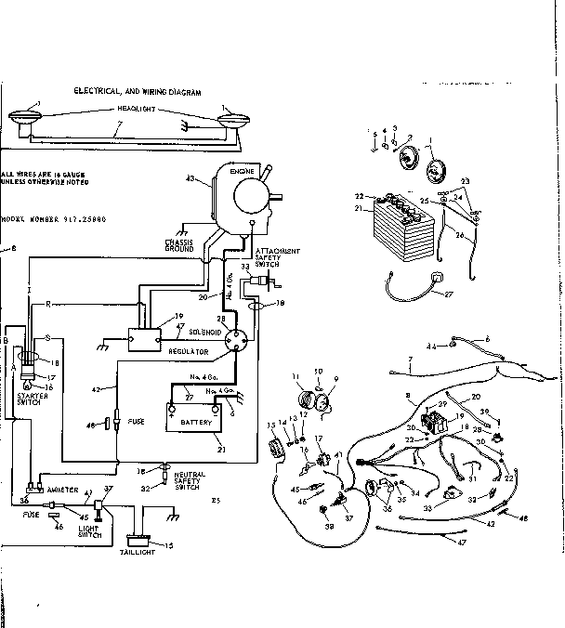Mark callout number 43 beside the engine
192,179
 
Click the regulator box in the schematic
144,339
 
